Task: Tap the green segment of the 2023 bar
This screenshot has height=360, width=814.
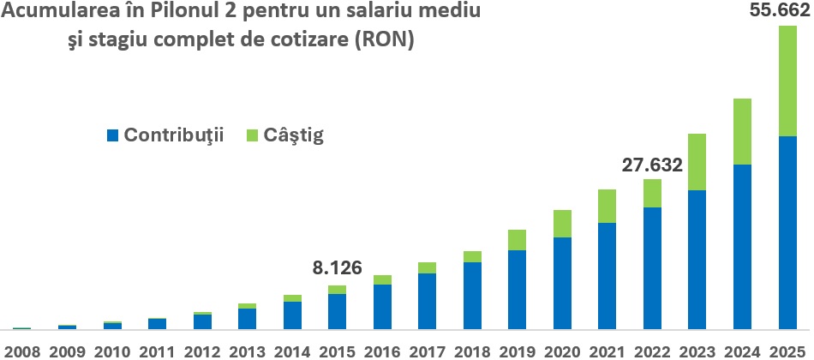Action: (697, 162)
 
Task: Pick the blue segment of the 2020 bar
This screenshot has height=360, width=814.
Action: (562, 282)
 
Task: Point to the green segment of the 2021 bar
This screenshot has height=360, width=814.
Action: (608, 206)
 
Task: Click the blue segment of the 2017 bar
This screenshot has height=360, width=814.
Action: (427, 300)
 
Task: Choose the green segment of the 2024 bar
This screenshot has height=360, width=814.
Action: (742, 131)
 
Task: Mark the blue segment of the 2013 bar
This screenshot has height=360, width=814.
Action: (247, 318)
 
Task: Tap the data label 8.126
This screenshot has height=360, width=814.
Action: (337, 268)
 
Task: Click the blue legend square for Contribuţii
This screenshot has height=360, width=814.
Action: (112, 135)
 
